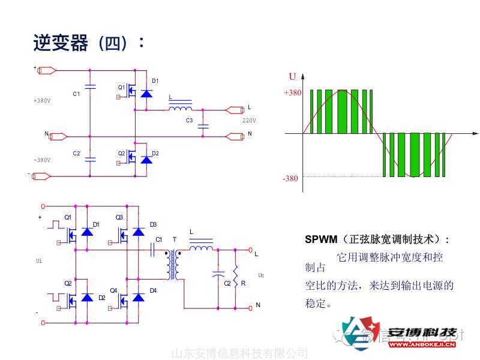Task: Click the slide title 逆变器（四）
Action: (x=88, y=43)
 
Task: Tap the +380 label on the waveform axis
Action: (x=292, y=93)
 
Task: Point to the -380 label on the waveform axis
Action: (x=290, y=178)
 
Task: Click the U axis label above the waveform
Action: (x=292, y=76)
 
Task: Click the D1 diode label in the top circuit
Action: (x=155, y=81)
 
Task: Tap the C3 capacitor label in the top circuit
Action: (x=189, y=121)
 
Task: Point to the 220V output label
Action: (x=249, y=121)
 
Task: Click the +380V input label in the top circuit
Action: (x=42, y=101)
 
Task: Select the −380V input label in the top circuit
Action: (x=42, y=160)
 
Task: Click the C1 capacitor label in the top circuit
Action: (x=76, y=94)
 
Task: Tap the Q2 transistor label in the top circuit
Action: (x=121, y=154)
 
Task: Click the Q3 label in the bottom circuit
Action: (x=119, y=217)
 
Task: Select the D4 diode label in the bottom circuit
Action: (x=153, y=291)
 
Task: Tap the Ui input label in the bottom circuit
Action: (x=40, y=262)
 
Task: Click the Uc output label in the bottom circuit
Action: (x=261, y=275)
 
